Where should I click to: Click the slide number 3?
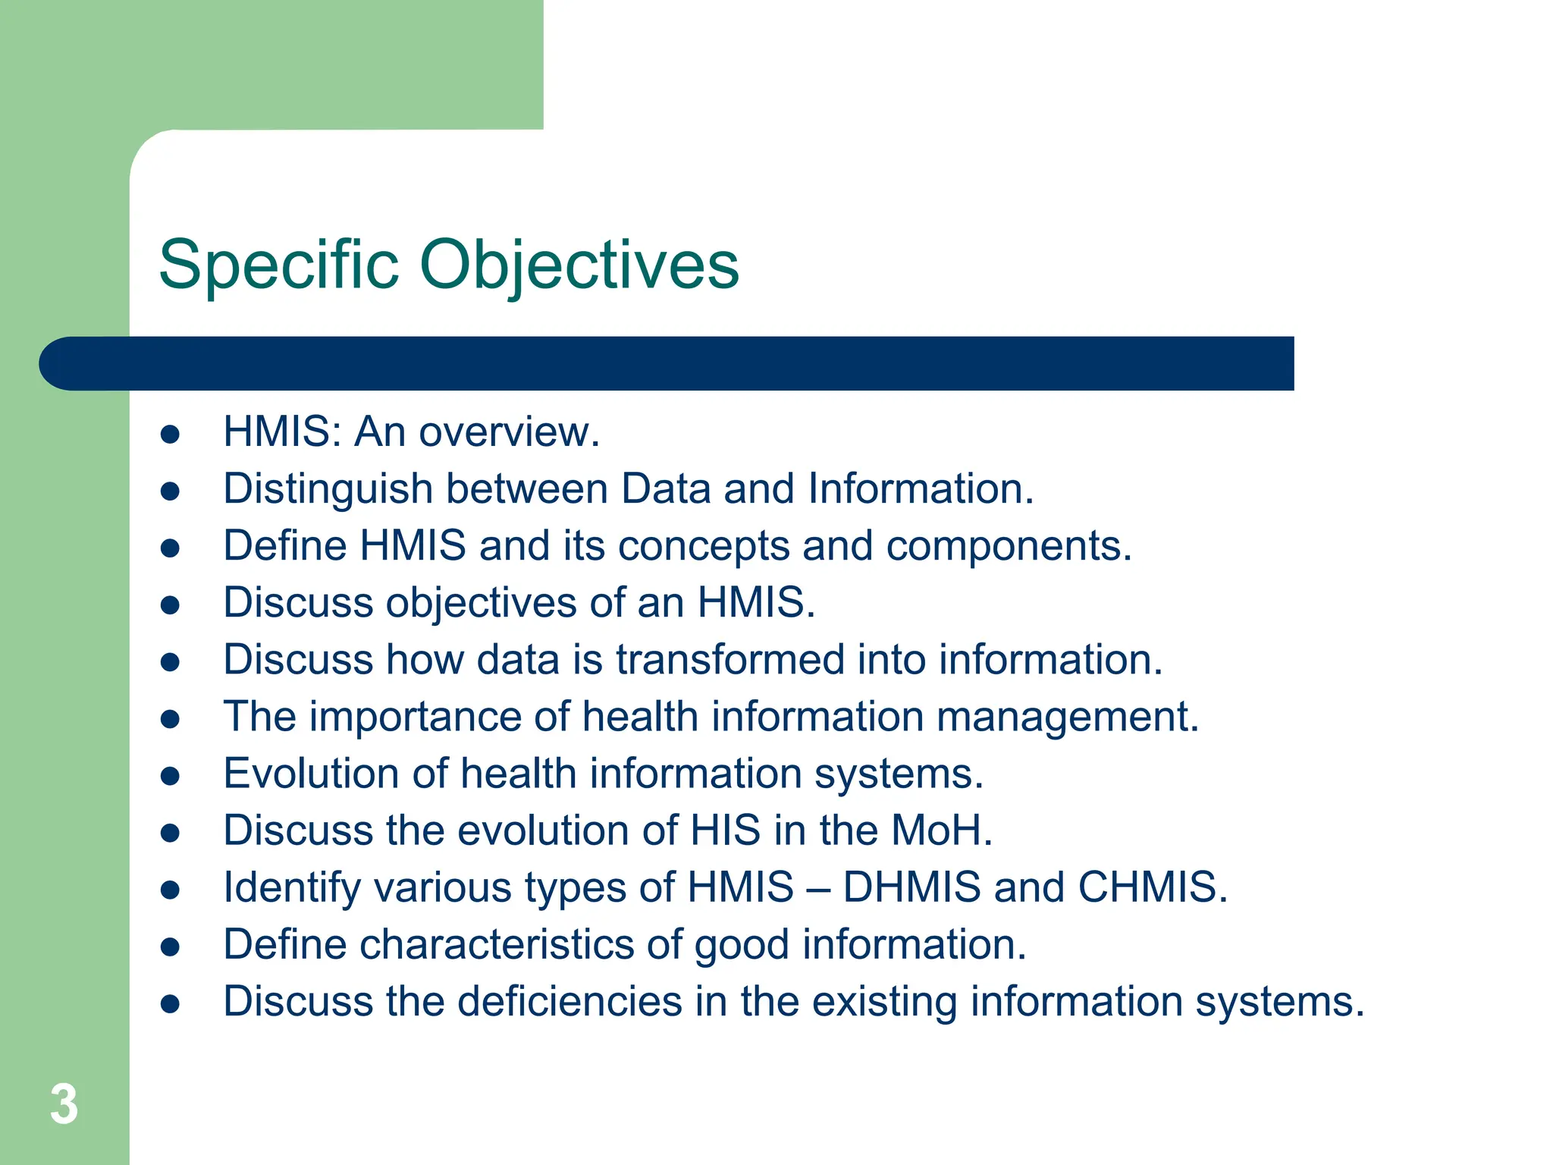[64, 1104]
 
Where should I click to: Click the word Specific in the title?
[278, 265]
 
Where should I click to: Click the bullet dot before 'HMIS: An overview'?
[170, 434]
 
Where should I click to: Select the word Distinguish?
[328, 489]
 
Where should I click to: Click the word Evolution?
[311, 774]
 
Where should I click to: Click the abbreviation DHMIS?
[911, 887]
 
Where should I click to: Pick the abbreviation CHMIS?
[1151, 887]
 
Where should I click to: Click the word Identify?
[292, 889]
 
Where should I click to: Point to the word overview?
[508, 432]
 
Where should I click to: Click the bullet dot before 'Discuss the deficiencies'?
[170, 1004]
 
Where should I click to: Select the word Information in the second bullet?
[920, 489]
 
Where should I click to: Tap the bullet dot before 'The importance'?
[170, 719]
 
